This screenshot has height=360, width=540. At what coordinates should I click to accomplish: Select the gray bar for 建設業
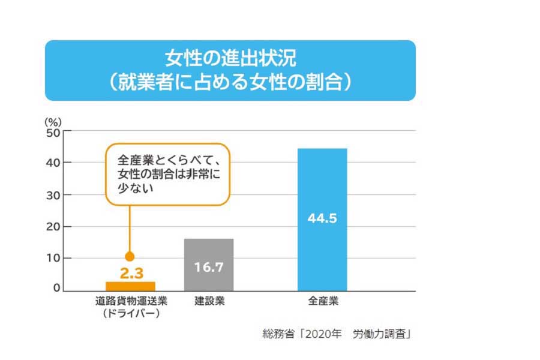click(x=209, y=265)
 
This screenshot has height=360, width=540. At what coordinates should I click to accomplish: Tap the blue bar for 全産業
click(x=322, y=220)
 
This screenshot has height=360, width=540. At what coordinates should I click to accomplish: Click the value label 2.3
click(x=131, y=273)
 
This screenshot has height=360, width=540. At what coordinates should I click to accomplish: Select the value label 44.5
click(x=322, y=218)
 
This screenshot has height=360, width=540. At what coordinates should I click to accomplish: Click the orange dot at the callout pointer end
click(x=129, y=256)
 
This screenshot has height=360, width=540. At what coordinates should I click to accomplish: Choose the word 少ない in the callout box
click(x=136, y=188)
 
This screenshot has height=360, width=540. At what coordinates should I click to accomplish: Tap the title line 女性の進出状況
click(x=230, y=59)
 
